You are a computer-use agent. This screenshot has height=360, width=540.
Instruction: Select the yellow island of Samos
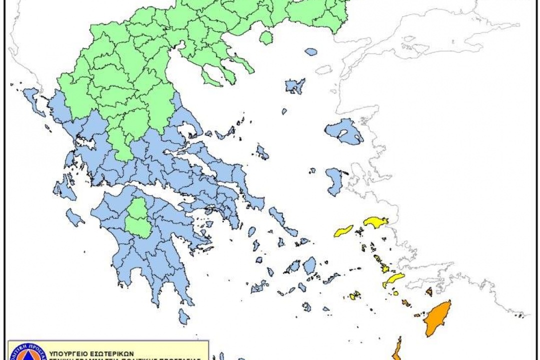pos(376,221)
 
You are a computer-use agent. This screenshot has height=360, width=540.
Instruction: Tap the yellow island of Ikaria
pos(343,231)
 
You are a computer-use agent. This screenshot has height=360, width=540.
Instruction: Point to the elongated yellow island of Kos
pos(393,280)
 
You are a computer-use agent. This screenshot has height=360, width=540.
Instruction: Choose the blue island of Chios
pos(334,180)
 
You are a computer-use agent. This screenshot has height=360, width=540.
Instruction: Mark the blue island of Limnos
pos(295,85)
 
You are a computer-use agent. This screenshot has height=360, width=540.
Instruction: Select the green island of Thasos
pos(266,38)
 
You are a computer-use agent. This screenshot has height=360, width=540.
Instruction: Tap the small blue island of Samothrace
pos(311,51)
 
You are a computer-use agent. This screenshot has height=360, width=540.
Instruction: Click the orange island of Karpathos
pos(396,350)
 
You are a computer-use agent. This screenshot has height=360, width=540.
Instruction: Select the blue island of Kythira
pos(184,316)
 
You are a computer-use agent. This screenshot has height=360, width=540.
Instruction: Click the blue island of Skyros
pos(262,152)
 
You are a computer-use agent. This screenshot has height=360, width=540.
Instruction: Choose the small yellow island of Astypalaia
pos(354,295)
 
